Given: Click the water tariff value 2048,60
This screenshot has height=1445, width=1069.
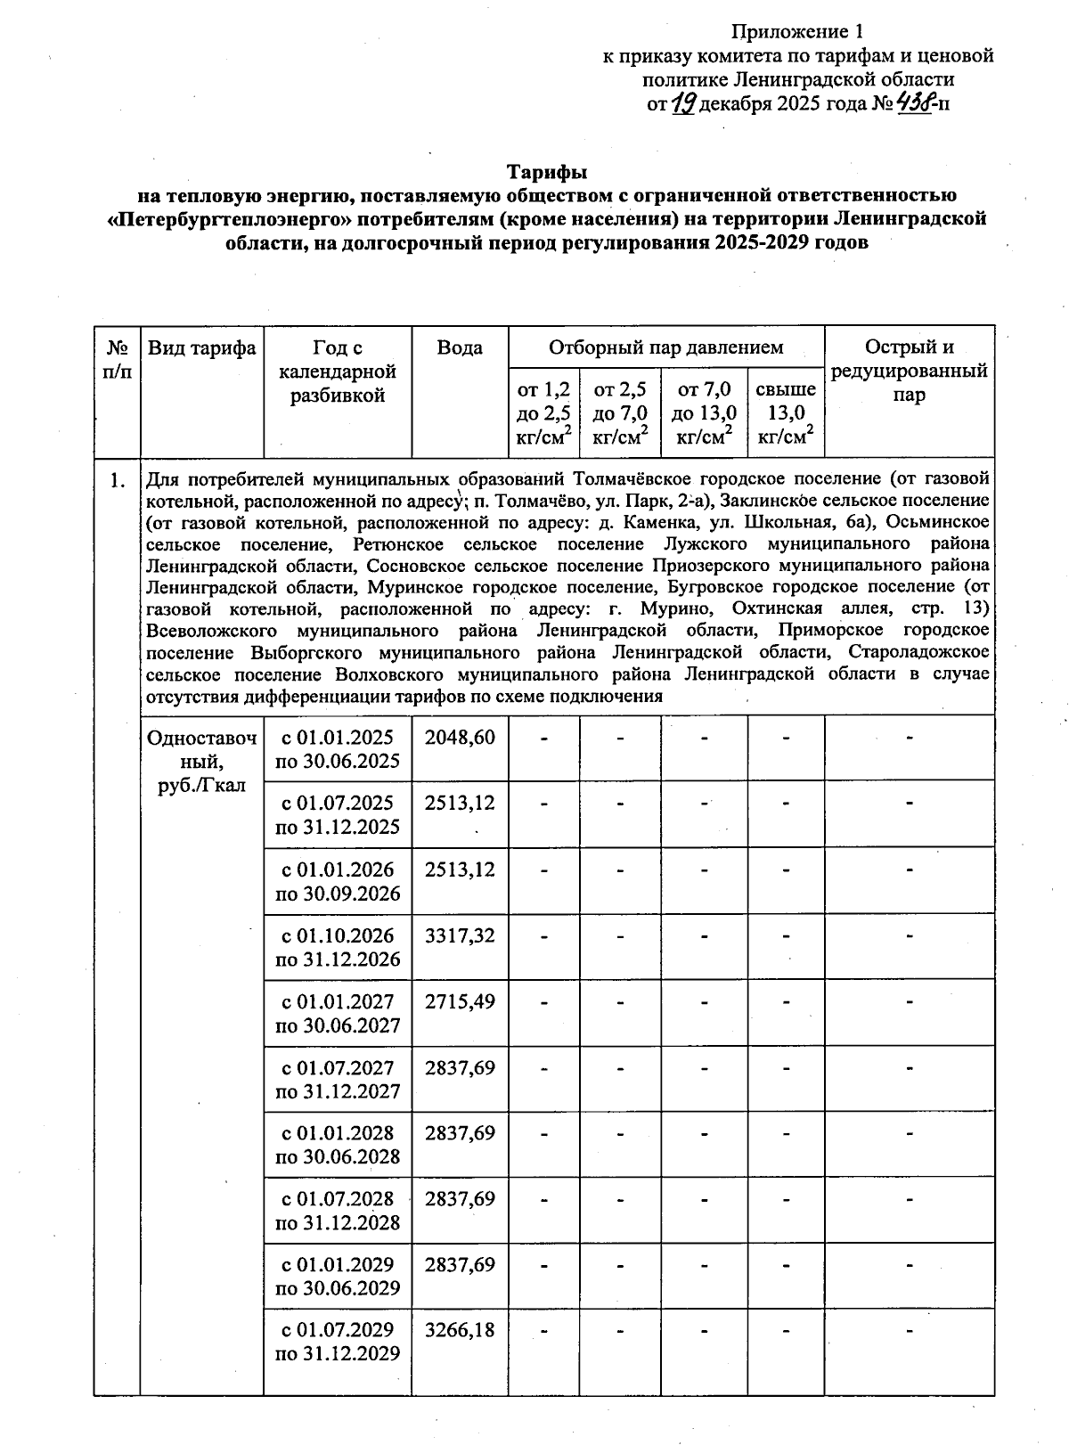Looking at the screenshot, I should point(460,738).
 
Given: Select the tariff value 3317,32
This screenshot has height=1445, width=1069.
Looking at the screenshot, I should point(460,935).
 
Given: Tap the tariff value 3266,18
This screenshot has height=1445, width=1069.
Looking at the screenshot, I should point(460,1330).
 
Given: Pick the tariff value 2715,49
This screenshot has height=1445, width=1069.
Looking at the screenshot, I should point(460,1001).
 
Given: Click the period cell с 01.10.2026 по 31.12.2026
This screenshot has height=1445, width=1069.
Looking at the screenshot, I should point(338,947).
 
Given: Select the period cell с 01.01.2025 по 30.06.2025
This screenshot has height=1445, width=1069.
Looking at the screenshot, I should point(338,749).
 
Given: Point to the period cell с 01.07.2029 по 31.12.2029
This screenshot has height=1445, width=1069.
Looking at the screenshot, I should point(338,1342).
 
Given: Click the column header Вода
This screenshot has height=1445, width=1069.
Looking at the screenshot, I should point(460,348).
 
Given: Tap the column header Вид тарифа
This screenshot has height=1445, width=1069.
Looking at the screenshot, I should point(202,348).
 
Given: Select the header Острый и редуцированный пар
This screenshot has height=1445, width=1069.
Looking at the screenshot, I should point(909,371).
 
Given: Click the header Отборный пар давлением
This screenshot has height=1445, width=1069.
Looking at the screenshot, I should point(665,347).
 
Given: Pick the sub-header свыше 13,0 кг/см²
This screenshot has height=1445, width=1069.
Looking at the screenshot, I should point(786,412).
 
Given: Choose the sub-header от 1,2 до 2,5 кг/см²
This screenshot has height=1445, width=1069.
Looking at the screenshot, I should point(543,412).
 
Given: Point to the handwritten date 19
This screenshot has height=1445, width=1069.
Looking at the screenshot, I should point(683,104).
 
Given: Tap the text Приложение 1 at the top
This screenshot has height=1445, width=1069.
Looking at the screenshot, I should point(797,33).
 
